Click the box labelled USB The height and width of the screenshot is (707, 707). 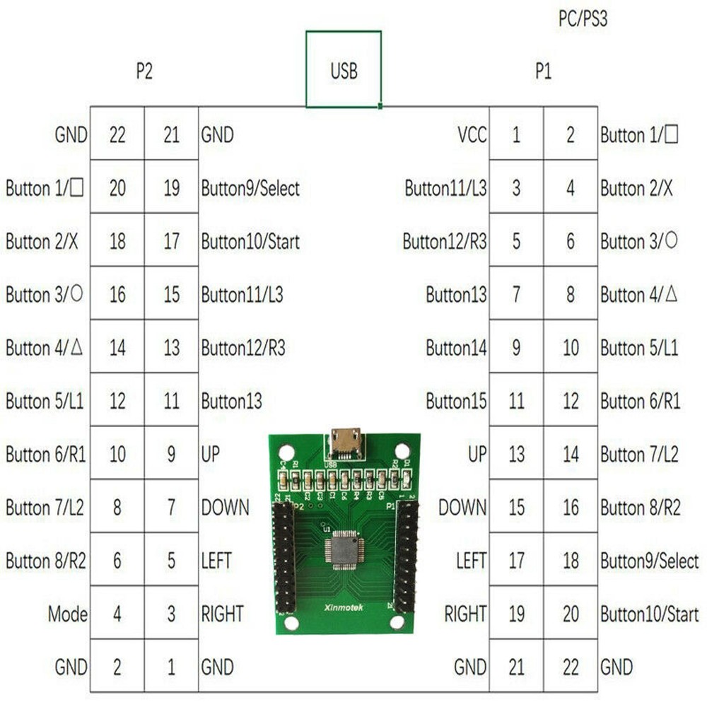(344, 70)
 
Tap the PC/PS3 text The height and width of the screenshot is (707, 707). (583, 19)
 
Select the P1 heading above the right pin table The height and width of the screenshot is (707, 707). (543, 71)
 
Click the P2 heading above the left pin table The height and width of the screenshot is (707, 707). (144, 71)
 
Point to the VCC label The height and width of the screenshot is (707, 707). (472, 134)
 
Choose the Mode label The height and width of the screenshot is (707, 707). (68, 614)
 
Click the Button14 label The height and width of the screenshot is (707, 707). (456, 348)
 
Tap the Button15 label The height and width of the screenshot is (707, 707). (456, 402)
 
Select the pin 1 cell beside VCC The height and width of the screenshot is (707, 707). (516, 134)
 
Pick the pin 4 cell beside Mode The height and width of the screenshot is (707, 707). (117, 614)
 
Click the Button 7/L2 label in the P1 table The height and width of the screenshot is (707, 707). (639, 455)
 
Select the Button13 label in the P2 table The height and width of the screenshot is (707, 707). (232, 402)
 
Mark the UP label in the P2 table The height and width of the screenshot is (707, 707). (211, 455)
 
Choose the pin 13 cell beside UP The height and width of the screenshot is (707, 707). (516, 455)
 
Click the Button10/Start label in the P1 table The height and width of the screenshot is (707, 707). (649, 614)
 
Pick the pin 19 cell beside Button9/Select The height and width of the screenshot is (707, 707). (171, 188)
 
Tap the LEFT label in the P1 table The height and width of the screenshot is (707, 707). (471, 561)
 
